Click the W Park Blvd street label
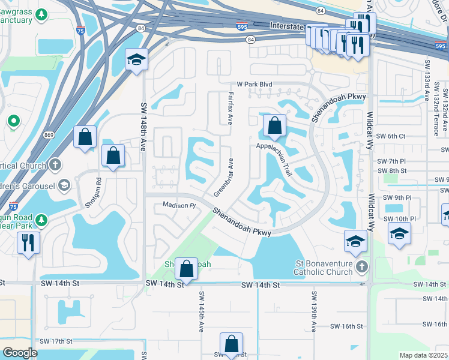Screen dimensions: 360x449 pos(255,85)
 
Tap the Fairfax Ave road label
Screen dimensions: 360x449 pos(231,108)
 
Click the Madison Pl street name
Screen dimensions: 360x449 pos(179,205)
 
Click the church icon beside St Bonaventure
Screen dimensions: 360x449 pos(361,266)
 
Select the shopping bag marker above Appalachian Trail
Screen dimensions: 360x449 pos(274,126)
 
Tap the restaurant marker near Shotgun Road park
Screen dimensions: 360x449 pos(28,242)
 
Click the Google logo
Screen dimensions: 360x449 pos(20,353)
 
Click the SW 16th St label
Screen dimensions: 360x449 pos(348,326)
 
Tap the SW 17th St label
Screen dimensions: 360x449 pos(57,341)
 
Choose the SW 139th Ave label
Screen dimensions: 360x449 pos(314,312)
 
